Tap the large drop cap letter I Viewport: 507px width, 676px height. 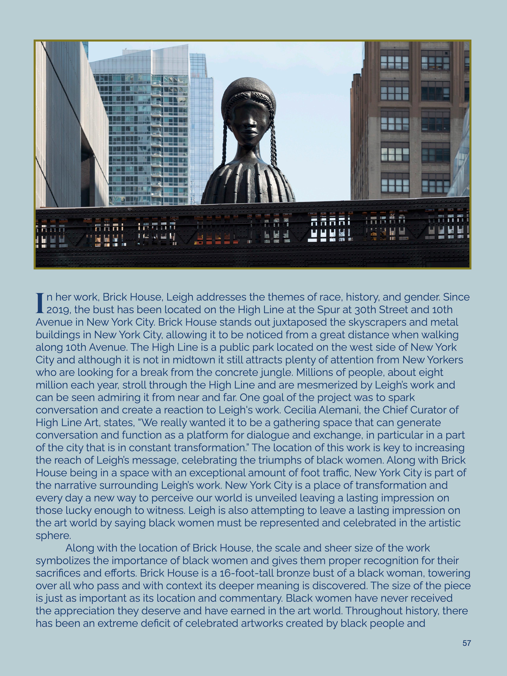(x=40, y=303)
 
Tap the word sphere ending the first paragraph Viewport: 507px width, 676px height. (x=53, y=535)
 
